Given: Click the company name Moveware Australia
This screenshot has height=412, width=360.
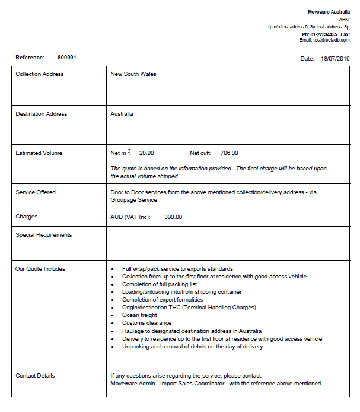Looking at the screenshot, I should tap(329, 12).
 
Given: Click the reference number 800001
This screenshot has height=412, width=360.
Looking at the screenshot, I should tap(66, 58).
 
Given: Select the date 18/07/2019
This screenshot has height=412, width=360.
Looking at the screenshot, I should tap(335, 59).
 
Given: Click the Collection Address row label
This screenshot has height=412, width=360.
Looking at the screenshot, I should tap(39, 74).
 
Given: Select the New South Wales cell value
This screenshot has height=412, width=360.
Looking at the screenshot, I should tap(133, 74).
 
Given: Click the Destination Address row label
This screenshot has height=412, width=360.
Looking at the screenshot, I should tap(41, 114).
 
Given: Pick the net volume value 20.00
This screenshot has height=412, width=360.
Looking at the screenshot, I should tap(146, 153).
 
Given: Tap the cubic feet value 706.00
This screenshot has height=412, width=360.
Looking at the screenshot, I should tap(229, 153).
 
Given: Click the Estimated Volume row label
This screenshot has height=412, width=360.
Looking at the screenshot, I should tap(39, 153).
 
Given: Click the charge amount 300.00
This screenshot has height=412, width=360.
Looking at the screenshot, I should tap(173, 217).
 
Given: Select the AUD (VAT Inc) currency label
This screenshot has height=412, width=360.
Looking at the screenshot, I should tap(130, 217).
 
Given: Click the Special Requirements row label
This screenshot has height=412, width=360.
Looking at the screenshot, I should tap(43, 235).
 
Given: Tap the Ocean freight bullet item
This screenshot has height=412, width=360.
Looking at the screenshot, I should tap(140, 315).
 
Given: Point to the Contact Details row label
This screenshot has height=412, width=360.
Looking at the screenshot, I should tap(35, 376).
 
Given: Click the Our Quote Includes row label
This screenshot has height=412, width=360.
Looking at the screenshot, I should tap(40, 269).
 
